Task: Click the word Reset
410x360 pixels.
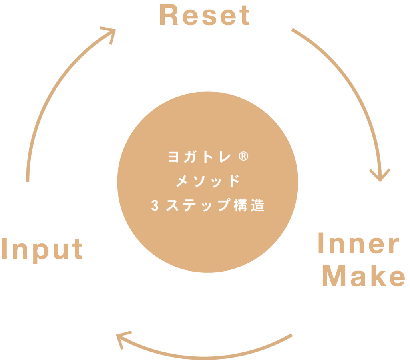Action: point(205,16)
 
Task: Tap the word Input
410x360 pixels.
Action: point(42,249)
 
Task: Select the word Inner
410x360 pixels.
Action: point(358,244)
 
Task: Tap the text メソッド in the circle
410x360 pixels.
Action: point(208,181)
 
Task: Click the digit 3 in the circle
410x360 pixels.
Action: point(155,206)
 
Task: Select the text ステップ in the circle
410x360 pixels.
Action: point(198,205)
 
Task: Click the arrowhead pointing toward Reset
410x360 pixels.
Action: point(109,33)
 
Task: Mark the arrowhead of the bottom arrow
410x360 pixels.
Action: point(122,338)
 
